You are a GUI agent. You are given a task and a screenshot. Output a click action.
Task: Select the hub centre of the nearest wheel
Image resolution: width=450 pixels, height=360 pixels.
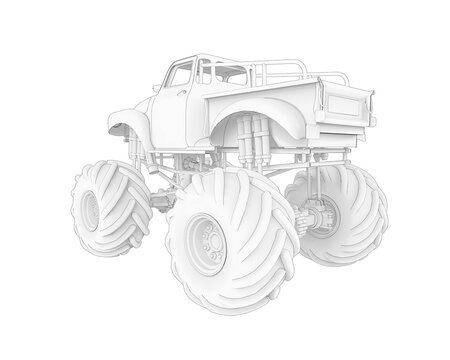(x=212, y=239)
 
